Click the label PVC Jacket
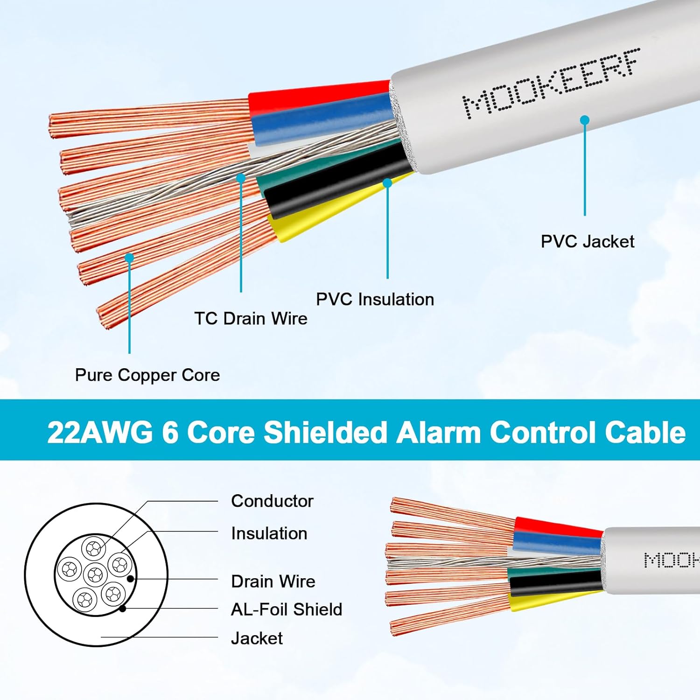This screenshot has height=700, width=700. pos(587,242)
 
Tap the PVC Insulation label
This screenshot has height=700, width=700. pos(375,299)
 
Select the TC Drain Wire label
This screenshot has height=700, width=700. pos(251,318)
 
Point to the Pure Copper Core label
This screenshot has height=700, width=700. pos(147,375)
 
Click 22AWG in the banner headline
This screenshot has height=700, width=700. pos(100,432)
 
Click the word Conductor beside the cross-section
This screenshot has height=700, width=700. pos(272,501)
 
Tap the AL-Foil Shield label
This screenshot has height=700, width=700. pos(287,609)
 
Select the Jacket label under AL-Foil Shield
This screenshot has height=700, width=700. pos(257,638)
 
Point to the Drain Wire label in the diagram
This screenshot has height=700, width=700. pos(273,581)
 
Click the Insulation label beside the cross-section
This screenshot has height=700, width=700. pos(269,533)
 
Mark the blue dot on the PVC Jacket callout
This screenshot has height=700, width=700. pos(585,120)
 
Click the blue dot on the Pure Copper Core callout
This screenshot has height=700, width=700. pos(129,258)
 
